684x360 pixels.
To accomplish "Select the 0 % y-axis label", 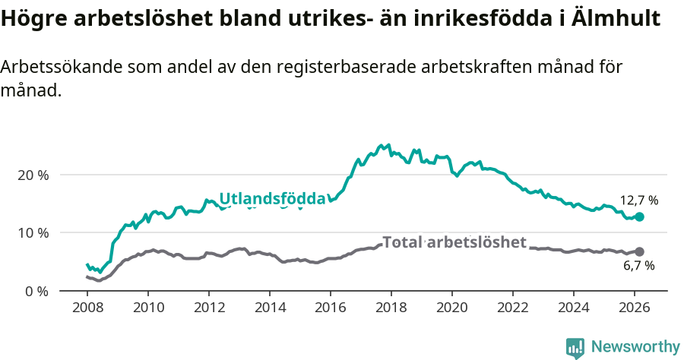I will click(x=36, y=291).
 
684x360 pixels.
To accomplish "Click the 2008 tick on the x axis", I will click(x=87, y=308).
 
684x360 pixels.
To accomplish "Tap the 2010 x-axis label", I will click(x=148, y=308).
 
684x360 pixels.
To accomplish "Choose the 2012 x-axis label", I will click(x=209, y=308).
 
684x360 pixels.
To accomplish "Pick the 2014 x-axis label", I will click(x=270, y=308).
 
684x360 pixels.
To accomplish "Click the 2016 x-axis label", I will click(x=331, y=308).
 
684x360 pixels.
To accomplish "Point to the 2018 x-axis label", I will click(x=391, y=308).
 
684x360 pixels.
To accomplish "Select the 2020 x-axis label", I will click(x=452, y=308).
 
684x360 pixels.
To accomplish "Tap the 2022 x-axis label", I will click(x=513, y=308).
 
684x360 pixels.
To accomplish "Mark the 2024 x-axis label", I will click(x=574, y=308).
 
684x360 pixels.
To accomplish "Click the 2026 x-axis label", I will click(x=635, y=308).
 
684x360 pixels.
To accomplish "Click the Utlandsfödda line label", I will click(x=272, y=199).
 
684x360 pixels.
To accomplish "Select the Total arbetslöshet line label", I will click(x=454, y=242).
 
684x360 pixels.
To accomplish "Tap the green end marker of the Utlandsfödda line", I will click(x=639, y=216).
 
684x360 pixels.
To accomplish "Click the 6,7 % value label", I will click(x=638, y=266).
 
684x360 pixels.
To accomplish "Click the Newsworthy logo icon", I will click(x=575, y=348).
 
